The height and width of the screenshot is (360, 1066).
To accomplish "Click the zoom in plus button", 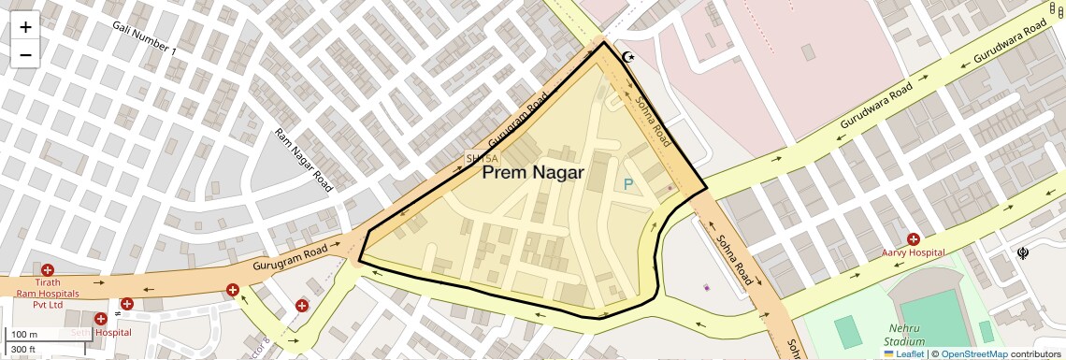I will pyautogui.click(x=25, y=26).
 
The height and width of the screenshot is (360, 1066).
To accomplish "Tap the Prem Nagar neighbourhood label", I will pyautogui.click(x=532, y=173).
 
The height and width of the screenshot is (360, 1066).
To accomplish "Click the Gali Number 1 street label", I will pyautogui.click(x=143, y=37).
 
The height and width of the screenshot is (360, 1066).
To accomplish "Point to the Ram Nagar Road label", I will pyautogui.click(x=303, y=160).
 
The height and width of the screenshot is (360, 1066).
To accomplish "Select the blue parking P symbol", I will pyautogui.click(x=628, y=185).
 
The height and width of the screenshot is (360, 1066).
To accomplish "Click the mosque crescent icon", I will pyautogui.click(x=629, y=58).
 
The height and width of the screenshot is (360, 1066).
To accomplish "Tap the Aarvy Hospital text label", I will pyautogui.click(x=913, y=253).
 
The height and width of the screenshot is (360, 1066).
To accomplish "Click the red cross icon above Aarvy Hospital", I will pyautogui.click(x=913, y=239).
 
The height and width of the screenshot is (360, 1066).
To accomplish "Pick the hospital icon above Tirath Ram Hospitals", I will pyautogui.click(x=48, y=270).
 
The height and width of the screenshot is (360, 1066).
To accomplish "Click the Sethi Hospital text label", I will pyautogui.click(x=100, y=332).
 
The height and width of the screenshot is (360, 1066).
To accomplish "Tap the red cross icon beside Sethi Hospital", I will pyautogui.click(x=100, y=319).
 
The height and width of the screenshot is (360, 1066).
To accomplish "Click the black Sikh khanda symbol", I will pyautogui.click(x=1023, y=253).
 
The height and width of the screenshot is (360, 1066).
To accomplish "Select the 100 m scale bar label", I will pyautogui.click(x=24, y=335).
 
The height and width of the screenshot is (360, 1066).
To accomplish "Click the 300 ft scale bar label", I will pyautogui.click(x=24, y=350).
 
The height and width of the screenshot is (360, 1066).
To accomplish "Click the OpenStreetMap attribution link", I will pyautogui.click(x=974, y=354).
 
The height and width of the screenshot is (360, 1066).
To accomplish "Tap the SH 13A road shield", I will pyautogui.click(x=477, y=159).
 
